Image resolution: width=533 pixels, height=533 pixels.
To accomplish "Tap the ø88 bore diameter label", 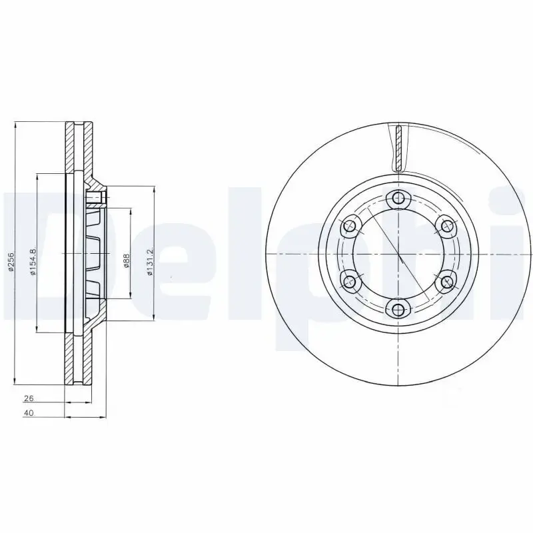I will (126, 260).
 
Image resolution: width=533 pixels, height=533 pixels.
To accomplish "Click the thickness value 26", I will (29, 398).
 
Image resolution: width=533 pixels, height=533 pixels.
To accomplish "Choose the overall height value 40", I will (29, 413).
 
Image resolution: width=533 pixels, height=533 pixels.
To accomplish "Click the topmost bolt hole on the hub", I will (398, 198).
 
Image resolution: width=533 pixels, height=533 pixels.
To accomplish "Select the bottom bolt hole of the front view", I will (398, 308).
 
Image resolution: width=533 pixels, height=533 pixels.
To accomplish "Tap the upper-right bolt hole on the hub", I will (446, 226).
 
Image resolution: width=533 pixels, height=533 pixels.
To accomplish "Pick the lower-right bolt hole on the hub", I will (446, 281).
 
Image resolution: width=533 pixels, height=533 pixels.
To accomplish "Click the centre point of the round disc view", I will (398, 254).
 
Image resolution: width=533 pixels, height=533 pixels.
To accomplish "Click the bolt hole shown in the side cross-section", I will (97, 197).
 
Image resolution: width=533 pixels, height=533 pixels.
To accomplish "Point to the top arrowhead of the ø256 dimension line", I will (15, 125).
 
